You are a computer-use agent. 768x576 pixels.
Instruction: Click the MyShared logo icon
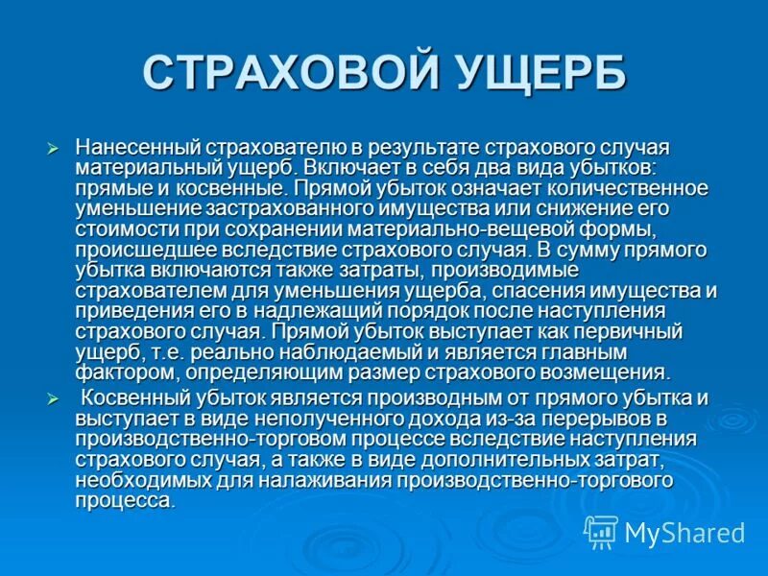pyautogui.click(x=601, y=531)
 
